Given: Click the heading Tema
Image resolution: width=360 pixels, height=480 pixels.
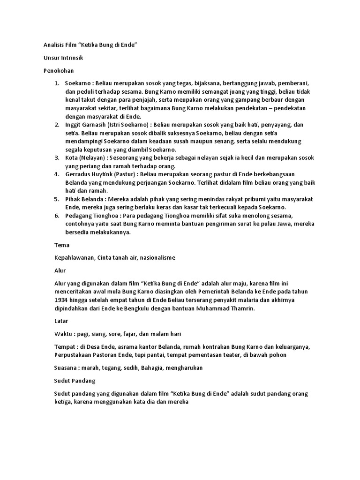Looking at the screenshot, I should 62,245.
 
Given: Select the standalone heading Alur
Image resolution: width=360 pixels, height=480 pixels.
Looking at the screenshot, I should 60,270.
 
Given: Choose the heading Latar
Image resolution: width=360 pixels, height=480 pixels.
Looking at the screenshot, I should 61,321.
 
